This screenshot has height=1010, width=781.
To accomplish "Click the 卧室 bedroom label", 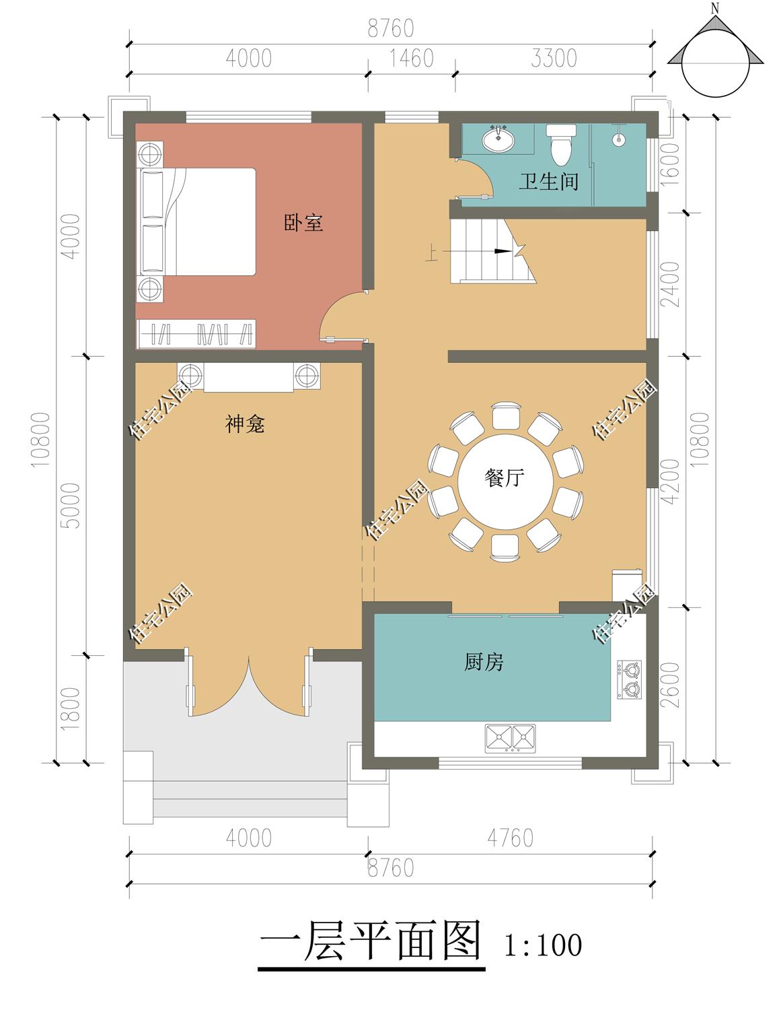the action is pyautogui.click(x=303, y=223).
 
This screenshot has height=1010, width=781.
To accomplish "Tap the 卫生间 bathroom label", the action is pyautogui.click(x=548, y=181).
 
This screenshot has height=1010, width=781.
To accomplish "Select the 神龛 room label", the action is pyautogui.click(x=245, y=424).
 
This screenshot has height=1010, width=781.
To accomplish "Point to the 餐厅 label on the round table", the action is pyautogui.click(x=505, y=478).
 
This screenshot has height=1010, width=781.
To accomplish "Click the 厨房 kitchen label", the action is pyautogui.click(x=484, y=662).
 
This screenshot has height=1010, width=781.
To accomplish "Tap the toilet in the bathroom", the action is pyautogui.click(x=561, y=145).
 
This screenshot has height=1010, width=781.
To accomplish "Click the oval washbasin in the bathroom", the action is pyautogui.click(x=498, y=138).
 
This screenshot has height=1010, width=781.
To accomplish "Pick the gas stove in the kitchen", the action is pyautogui.click(x=629, y=679).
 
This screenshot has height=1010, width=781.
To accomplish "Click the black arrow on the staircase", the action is pyautogui.click(x=503, y=251).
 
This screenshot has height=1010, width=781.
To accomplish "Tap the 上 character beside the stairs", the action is pyautogui.click(x=432, y=254).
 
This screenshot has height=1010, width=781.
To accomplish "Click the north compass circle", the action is pyautogui.click(x=716, y=63).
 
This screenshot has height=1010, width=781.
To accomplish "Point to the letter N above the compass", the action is pyautogui.click(x=716, y=8).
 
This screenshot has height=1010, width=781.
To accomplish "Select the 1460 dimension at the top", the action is pyautogui.click(x=412, y=59).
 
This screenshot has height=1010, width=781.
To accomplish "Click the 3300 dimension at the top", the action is pyautogui.click(x=554, y=59).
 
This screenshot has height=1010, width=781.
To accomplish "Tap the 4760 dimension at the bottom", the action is pyautogui.click(x=511, y=838).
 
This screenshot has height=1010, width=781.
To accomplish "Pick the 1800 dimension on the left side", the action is pyautogui.click(x=70, y=708).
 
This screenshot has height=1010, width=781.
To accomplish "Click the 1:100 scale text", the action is pyautogui.click(x=543, y=945).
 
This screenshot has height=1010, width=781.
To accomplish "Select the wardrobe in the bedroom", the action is pyautogui.click(x=196, y=334).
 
